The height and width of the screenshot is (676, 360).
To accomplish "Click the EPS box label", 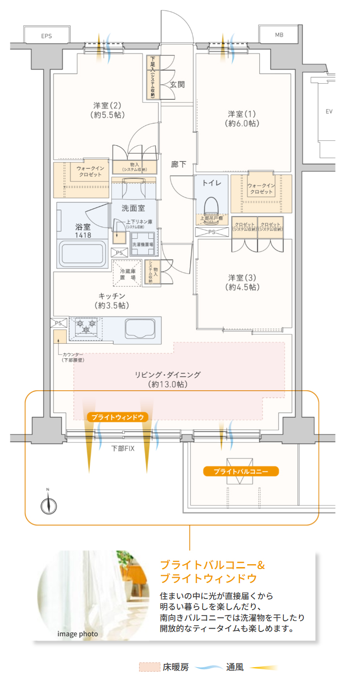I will click(x=47, y=36).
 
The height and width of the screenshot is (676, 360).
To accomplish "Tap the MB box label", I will click(x=279, y=35).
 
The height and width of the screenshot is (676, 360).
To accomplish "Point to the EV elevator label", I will click(x=329, y=111).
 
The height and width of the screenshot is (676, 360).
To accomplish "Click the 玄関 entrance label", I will click(x=177, y=84).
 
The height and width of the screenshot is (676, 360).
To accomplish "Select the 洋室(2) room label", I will click(x=107, y=110).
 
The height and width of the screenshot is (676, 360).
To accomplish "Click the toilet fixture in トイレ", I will click(x=211, y=205).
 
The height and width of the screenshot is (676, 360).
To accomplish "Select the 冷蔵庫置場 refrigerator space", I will click(x=127, y=274).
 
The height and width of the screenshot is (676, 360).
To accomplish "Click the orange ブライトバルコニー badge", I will click(x=241, y=471).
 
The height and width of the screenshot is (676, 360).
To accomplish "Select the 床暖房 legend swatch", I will click(x=149, y=667).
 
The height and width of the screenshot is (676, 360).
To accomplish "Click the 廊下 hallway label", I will click(x=179, y=164).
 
